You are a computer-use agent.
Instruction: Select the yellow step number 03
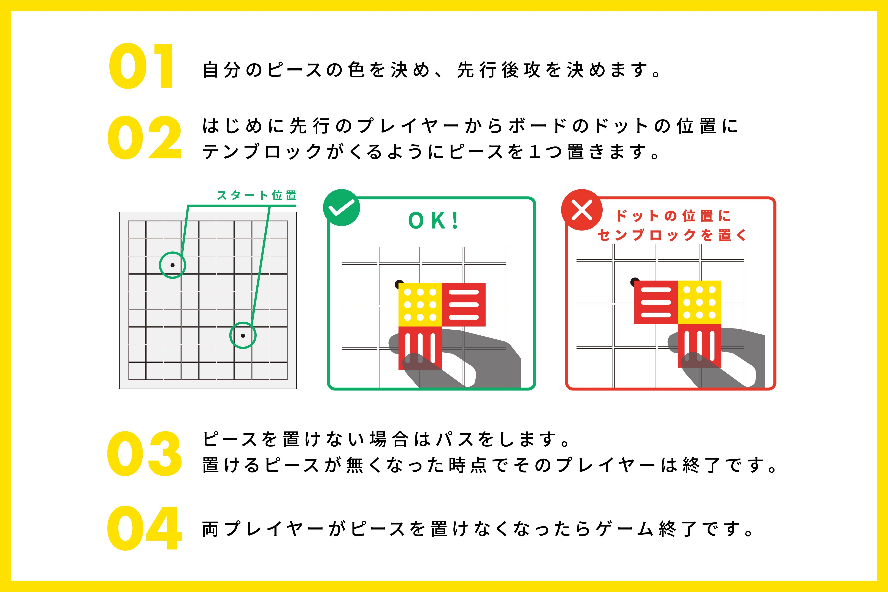tap(145, 453)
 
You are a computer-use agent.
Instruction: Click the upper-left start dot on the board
tap(173, 265)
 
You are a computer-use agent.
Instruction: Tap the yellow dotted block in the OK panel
tap(420, 305)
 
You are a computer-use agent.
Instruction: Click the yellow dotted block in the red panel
tap(699, 302)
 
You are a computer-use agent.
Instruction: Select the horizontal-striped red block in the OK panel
tap(464, 305)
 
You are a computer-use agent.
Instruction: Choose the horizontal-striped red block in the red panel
tap(656, 302)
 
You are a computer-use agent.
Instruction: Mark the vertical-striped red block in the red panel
tap(699, 346)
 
